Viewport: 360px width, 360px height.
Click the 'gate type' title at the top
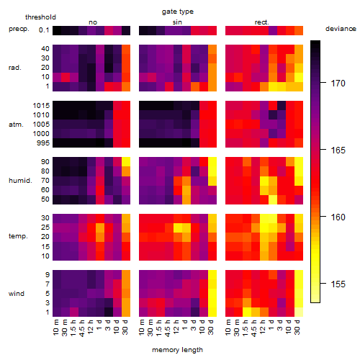click(x=178, y=12)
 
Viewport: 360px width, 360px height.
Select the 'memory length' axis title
click(x=177, y=350)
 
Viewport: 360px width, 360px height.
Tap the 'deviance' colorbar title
click(x=341, y=29)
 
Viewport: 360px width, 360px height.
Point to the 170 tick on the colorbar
click(x=323, y=83)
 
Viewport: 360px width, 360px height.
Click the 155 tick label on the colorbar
click(x=338, y=284)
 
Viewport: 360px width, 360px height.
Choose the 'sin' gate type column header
click(x=177, y=22)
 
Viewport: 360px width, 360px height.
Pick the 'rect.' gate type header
click(x=261, y=22)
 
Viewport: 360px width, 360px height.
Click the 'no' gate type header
click(x=93, y=22)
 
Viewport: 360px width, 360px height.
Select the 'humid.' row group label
click(x=20, y=181)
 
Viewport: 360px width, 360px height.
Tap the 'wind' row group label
click(x=17, y=294)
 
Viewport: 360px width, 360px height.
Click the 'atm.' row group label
click(x=16, y=125)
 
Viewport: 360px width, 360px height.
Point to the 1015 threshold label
click(x=41, y=105)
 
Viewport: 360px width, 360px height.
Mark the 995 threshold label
click(x=43, y=143)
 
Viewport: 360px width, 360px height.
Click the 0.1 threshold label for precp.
click(x=44, y=30)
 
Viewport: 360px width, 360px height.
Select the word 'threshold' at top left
click(x=40, y=17)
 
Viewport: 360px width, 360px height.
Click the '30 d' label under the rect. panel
click(x=297, y=327)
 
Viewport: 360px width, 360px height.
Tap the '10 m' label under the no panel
click(x=56, y=327)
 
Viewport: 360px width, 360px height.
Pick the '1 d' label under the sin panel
click(x=186, y=325)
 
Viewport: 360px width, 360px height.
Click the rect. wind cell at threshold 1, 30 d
click(x=299, y=312)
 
